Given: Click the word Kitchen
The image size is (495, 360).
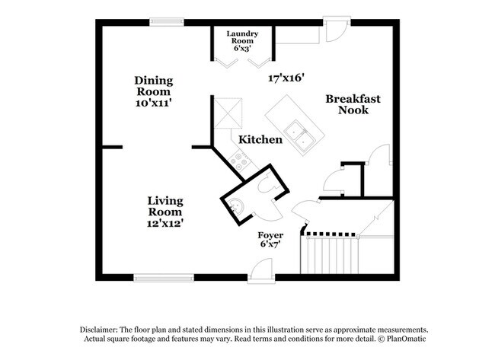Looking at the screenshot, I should [x=260, y=140].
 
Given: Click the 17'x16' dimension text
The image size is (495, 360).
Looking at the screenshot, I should [x=286, y=78].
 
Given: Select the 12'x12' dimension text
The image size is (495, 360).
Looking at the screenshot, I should [x=165, y=224].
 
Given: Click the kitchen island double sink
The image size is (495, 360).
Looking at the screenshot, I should [x=308, y=137].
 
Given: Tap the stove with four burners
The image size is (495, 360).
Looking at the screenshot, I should [x=241, y=160].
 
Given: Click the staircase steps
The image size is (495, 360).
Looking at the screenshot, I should [x=332, y=256].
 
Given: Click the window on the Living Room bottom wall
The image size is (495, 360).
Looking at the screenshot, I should [x=163, y=277].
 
